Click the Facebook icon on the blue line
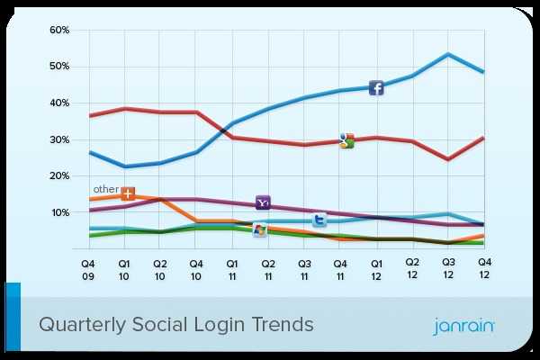click(376, 87)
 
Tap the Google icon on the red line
click(346, 139)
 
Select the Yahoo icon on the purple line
click(263, 202)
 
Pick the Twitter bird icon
click(319, 220)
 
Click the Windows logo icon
click(260, 230)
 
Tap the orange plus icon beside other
click(128, 193)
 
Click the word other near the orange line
click(105, 190)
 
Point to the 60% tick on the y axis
click(59, 30)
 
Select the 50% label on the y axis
click(59, 67)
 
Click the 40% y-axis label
click(59, 103)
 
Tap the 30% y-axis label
click(59, 140)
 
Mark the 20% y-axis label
click(59, 176)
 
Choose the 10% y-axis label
click(59, 213)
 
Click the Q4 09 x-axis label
click(87, 267)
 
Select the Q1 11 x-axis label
click(231, 266)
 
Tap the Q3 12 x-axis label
click(448, 266)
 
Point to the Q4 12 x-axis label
click(484, 266)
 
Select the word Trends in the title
click(279, 323)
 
